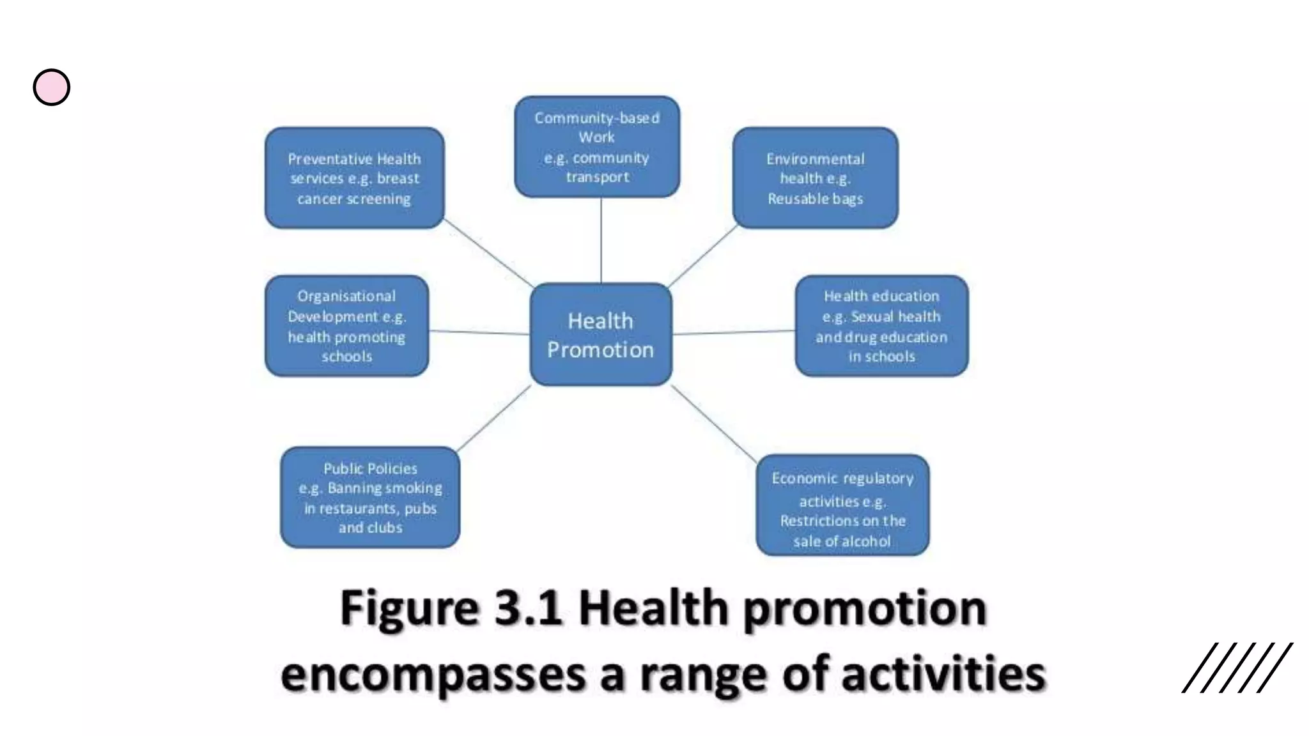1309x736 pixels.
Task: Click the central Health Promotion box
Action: [601, 334]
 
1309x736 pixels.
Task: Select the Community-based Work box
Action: [597, 147]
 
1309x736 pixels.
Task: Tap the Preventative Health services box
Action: [354, 178]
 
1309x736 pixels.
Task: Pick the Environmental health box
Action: [815, 178]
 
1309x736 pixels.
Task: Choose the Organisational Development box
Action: [346, 326]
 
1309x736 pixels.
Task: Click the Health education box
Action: [881, 326]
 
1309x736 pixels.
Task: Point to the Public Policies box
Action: [370, 497]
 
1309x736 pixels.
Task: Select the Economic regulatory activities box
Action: [842, 505]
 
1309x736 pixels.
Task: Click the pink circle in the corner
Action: [52, 88]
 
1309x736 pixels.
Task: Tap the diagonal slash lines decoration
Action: [1237, 667]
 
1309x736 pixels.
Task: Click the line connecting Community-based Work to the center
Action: [601, 240]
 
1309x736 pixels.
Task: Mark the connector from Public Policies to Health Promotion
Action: [494, 417]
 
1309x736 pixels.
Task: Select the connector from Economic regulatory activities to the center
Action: [714, 421]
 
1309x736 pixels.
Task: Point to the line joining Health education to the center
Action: [734, 332]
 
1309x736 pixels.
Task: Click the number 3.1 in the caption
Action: [528, 608]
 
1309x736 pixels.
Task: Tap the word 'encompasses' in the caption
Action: [433, 675]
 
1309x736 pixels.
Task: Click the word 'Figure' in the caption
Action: [410, 608]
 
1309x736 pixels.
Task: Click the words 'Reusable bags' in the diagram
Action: [815, 199]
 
